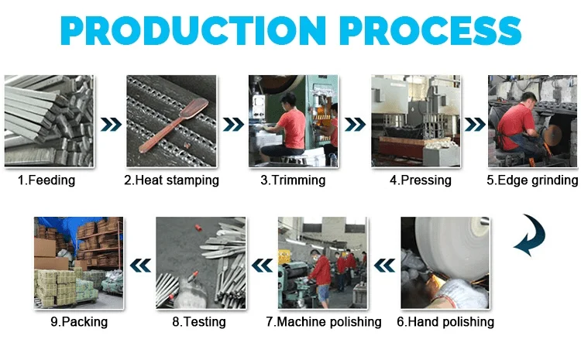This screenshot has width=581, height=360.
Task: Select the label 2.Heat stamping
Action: (x=172, y=180)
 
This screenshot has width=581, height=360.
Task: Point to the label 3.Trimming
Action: (x=293, y=180)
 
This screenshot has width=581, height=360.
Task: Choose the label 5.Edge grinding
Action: (x=532, y=180)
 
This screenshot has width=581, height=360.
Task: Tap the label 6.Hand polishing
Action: (x=445, y=321)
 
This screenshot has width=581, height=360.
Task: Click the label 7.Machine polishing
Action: (x=324, y=321)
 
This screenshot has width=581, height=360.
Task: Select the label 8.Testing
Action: (x=200, y=321)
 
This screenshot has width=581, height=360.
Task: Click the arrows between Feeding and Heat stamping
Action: (x=110, y=125)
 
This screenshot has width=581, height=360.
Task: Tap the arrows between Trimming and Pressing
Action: (x=355, y=125)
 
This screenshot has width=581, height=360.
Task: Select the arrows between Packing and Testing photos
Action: (x=140, y=266)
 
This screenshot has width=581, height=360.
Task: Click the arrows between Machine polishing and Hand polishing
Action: (x=383, y=266)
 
